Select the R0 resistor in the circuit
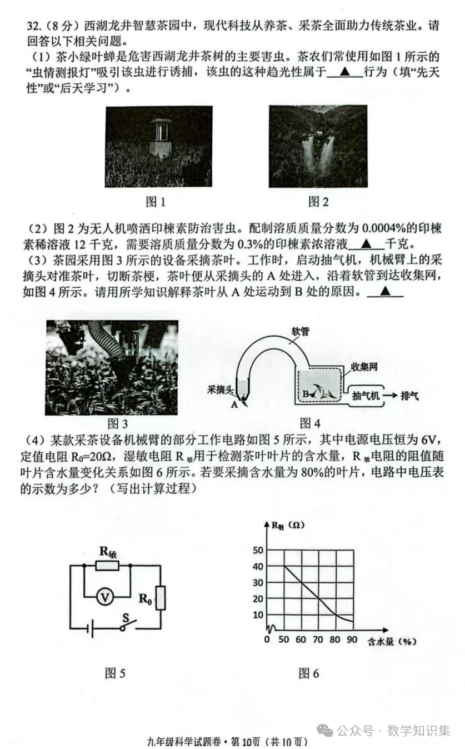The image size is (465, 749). (161, 599)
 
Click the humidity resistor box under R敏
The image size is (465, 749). (107, 566)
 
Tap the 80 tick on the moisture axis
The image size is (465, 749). (335, 640)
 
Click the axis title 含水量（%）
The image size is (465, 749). (392, 641)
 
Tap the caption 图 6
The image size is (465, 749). (309, 673)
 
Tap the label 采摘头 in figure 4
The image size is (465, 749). (220, 390)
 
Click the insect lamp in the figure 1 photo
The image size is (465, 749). (162, 136)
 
